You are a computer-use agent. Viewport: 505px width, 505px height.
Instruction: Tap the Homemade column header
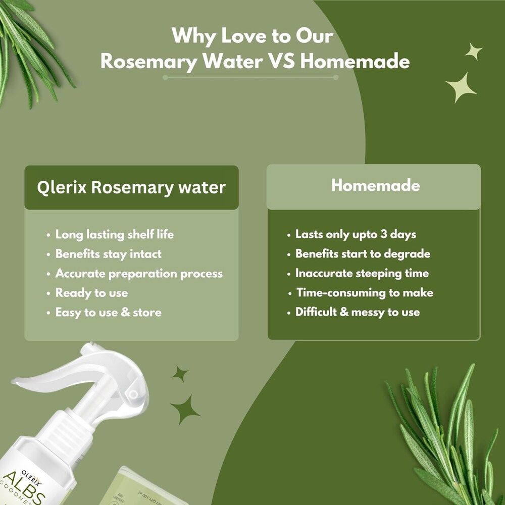tap(375, 185)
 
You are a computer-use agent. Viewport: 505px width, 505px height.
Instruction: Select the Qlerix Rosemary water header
tap(131, 187)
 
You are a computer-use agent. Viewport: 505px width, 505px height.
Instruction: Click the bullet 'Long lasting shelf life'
tap(114, 234)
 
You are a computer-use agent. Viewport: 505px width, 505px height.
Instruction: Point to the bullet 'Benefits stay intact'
tap(108, 254)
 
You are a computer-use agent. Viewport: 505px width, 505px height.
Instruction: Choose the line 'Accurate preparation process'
tap(139, 274)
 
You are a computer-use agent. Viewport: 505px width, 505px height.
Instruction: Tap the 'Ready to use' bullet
tap(91, 293)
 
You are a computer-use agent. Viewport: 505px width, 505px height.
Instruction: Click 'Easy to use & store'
tap(108, 313)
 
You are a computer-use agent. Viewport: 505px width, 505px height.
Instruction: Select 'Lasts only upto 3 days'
tap(356, 234)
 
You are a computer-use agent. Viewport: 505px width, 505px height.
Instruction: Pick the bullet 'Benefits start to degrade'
tap(363, 254)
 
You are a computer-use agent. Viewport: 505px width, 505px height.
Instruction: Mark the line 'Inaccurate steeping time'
tap(362, 273)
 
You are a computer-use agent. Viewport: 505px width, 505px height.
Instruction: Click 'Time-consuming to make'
tap(365, 293)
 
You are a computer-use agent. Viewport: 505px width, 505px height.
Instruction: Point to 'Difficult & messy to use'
tap(357, 312)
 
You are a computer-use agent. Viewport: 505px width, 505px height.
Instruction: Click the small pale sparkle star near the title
tap(473, 51)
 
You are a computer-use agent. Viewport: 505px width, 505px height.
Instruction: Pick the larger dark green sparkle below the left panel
tap(185, 409)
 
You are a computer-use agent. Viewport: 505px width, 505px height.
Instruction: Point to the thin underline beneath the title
tap(250, 77)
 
